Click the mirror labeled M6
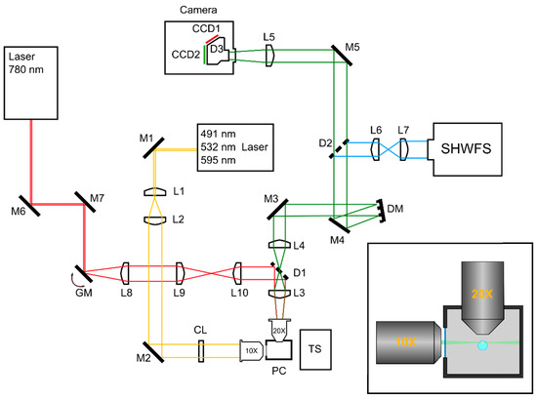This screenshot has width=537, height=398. pyautogui.click(x=33, y=205)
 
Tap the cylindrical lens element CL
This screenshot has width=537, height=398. pyautogui.click(x=200, y=348)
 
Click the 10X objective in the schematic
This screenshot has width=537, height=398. pyautogui.click(x=252, y=348)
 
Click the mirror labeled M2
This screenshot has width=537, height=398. pyautogui.click(x=150, y=348)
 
